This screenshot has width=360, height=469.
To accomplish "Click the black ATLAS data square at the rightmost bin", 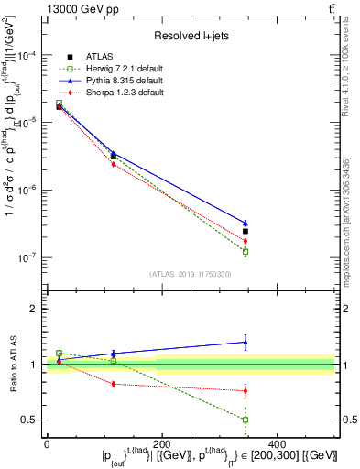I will click(x=245, y=231).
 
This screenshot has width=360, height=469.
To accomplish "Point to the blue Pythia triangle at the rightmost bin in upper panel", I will click(x=245, y=223).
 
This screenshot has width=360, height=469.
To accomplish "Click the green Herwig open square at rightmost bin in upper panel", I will click(x=245, y=251).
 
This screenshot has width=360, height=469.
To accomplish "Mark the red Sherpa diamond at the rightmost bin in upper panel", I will click(x=245, y=241).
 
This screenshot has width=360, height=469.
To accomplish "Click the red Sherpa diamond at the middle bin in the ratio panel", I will click(x=113, y=384).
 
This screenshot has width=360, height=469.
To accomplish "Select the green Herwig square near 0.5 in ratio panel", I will click(x=245, y=420).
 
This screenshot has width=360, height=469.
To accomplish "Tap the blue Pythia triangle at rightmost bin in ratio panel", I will click(x=245, y=343).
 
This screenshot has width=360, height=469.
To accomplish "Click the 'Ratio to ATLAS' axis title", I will click(x=11, y=365).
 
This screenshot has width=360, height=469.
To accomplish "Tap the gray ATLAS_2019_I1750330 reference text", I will click(x=191, y=274).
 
